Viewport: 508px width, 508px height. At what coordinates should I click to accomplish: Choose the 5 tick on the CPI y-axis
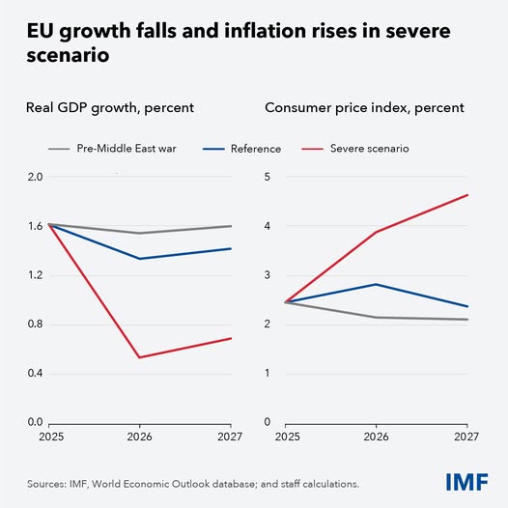click(x=266, y=177)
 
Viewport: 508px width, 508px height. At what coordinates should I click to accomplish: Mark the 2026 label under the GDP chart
click(x=140, y=436)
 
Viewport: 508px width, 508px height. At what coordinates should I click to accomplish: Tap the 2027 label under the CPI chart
click(x=467, y=436)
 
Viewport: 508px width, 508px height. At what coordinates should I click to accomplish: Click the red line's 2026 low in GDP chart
click(x=140, y=357)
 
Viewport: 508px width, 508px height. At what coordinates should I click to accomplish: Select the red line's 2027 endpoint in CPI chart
click(x=467, y=195)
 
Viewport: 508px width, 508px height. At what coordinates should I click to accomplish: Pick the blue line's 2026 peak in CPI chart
click(x=376, y=284)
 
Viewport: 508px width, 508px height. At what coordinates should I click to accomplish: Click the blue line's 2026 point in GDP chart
click(x=140, y=259)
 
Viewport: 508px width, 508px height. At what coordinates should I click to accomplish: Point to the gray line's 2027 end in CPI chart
click(x=467, y=320)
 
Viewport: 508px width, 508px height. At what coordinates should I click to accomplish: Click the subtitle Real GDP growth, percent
click(x=112, y=107)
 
